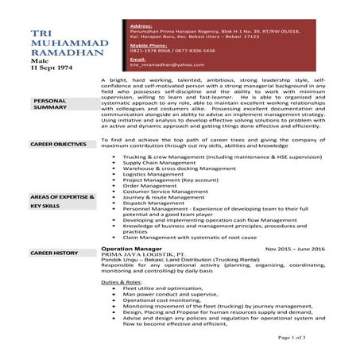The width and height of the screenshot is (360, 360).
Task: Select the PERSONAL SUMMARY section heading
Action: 49,104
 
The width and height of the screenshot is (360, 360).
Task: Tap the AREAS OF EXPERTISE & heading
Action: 62,195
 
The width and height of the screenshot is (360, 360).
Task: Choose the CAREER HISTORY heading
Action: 54,253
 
